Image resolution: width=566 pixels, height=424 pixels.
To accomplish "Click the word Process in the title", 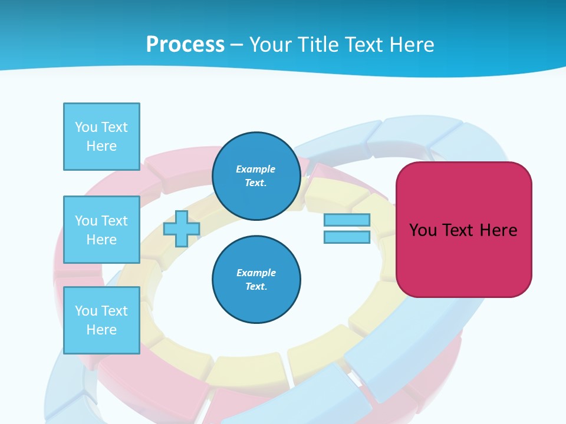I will coord(185,45).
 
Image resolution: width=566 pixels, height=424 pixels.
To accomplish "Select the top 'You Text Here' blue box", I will coord(101,137).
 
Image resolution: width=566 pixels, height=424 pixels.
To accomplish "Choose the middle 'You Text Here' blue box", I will coord(101,230).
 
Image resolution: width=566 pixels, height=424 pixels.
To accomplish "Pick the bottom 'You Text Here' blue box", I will coord(101,320).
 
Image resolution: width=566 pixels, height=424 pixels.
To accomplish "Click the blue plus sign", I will coord(181,229).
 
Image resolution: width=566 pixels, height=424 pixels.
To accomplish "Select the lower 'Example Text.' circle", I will coord(256,280).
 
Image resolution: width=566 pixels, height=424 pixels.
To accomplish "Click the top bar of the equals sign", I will coord(347,220).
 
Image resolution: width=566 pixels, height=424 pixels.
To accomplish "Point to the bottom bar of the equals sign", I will coord(347,237).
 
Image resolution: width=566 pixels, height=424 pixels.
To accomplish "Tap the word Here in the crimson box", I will coord(498,230).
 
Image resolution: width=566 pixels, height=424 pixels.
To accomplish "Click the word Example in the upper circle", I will coord(256,169).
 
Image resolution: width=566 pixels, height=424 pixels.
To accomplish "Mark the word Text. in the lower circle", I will coord(256,287).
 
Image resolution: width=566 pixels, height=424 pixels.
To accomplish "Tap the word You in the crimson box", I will coord(423,230).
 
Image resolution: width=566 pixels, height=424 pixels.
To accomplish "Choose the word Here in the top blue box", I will coord(101,146).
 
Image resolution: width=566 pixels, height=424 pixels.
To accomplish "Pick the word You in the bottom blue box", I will coord(85,311).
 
